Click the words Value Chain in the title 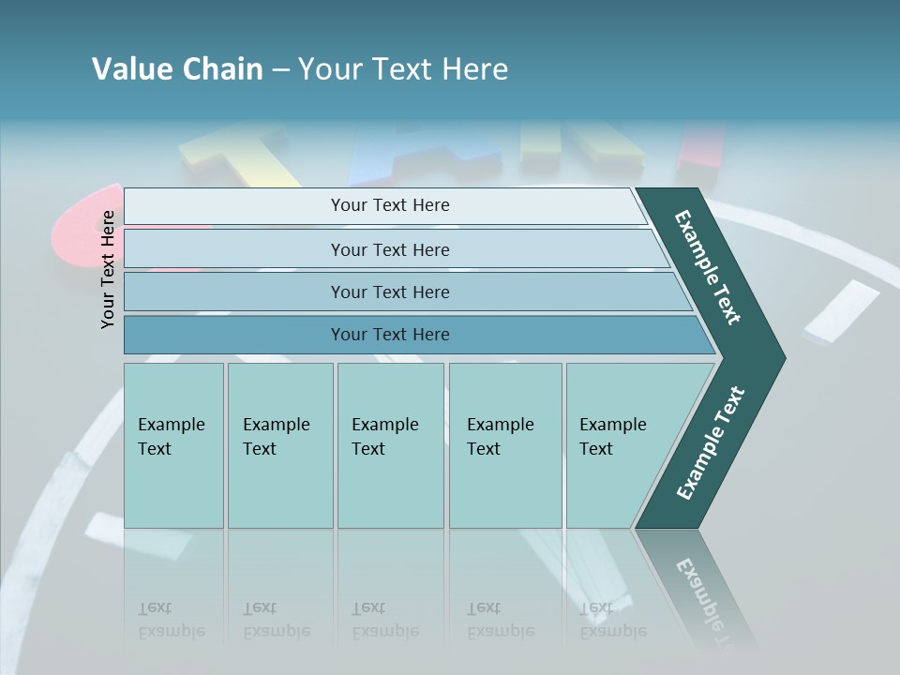(x=177, y=69)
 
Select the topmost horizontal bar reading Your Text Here (x=389, y=205)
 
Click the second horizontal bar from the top (x=389, y=249)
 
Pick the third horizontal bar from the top (x=389, y=292)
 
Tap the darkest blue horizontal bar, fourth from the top (x=389, y=335)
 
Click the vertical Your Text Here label (x=108, y=269)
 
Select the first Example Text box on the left (x=173, y=445)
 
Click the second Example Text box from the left (x=280, y=445)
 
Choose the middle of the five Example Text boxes (x=390, y=445)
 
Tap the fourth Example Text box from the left (x=505, y=445)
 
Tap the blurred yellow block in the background (x=234, y=155)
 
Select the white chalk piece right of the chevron (x=842, y=311)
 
